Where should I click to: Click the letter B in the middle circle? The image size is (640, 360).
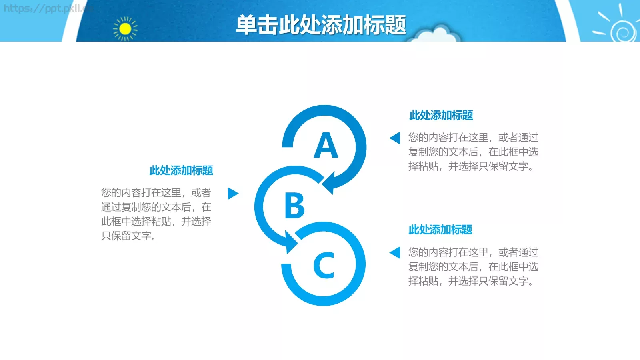tap(294, 206)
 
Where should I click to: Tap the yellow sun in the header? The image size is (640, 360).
tap(125, 29)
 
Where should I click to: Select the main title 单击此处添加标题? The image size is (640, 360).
tap(321, 25)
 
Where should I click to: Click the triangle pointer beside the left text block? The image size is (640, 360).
tap(232, 194)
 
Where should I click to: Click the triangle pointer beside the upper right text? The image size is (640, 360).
tap(395, 138)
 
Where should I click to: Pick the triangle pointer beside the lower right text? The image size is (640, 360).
tap(395, 252)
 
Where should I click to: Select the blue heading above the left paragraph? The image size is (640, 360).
tap(181, 171)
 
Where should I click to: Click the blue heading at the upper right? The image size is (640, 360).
tap(441, 116)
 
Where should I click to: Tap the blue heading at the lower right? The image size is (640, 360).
tap(440, 230)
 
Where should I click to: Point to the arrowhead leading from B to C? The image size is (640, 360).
tap(290, 242)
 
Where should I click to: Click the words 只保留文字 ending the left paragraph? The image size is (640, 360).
tap(126, 236)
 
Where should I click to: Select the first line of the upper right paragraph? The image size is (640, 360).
tap(473, 138)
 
